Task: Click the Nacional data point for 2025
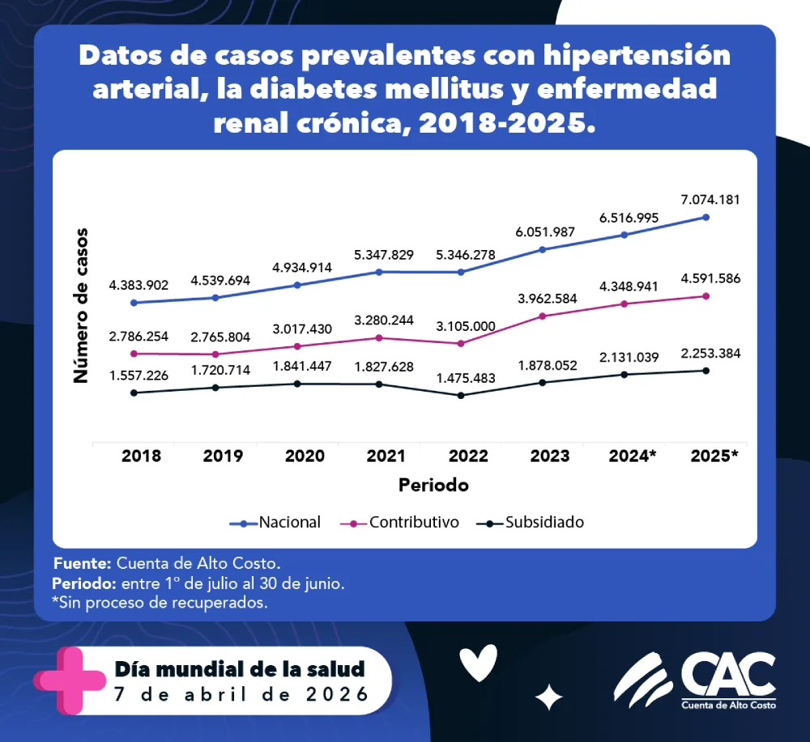pos(706,217)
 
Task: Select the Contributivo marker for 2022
pos(461,343)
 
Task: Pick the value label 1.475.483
pos(461,378)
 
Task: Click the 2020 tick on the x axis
pos(305,456)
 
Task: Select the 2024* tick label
pos(632,456)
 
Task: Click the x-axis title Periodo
pos(433,485)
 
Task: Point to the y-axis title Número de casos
pos(81,305)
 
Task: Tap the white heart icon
pos(478,664)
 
